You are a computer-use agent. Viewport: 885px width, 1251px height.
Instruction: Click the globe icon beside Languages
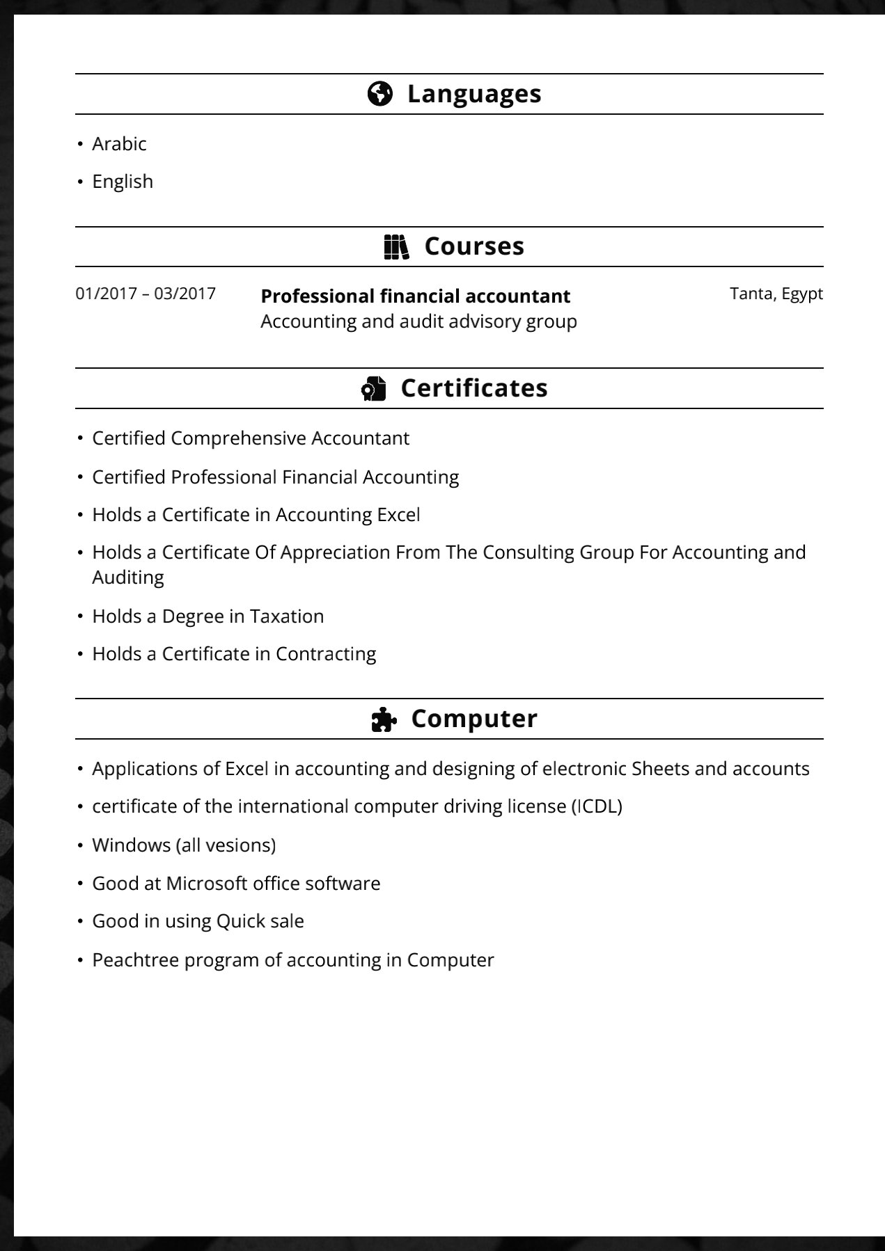tap(379, 93)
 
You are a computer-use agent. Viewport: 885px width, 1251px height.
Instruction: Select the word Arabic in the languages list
tap(119, 144)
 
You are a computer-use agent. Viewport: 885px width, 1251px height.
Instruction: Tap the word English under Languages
tap(123, 182)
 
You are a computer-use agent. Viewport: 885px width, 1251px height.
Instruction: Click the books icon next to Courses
tap(396, 246)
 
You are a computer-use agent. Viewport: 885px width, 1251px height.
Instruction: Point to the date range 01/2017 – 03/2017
tap(146, 294)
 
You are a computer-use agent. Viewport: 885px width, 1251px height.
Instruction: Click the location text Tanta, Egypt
tap(776, 294)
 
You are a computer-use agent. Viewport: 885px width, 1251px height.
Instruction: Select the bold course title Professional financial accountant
tap(415, 296)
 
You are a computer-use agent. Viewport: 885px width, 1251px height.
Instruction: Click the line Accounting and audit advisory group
tap(418, 321)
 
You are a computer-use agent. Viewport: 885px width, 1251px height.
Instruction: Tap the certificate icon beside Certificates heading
tap(373, 388)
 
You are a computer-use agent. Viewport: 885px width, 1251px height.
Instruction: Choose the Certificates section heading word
tap(473, 388)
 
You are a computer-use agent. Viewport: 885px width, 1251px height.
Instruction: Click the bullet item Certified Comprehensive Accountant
tap(251, 438)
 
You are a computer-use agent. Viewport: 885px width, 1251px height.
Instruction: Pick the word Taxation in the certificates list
tap(287, 616)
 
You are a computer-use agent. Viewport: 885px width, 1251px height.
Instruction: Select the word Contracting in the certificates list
tap(326, 654)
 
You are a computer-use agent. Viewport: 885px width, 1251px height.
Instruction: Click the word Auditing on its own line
tap(128, 577)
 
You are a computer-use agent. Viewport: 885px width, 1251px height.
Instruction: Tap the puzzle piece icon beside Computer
tap(384, 719)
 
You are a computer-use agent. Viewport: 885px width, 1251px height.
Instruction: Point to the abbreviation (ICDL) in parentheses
tap(597, 806)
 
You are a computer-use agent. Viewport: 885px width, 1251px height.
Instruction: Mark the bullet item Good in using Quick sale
tap(198, 921)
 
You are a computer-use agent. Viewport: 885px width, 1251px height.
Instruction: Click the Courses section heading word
tap(473, 246)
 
